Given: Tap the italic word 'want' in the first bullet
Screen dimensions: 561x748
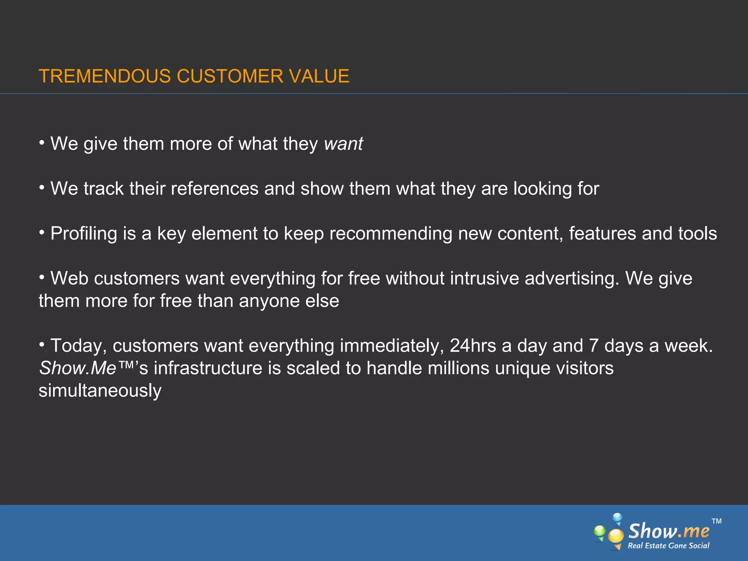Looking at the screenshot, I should (343, 144).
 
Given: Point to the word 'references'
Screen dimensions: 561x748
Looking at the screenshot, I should (215, 189).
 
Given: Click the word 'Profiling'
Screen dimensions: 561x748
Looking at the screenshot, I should (84, 234).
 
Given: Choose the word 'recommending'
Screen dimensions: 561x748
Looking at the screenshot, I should (391, 234).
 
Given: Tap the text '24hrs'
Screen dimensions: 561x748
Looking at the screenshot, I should (473, 346).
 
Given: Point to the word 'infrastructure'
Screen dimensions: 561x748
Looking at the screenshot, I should (208, 368).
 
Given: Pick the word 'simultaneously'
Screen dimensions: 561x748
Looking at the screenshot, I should (100, 391).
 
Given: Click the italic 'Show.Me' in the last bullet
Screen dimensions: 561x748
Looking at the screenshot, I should (78, 368).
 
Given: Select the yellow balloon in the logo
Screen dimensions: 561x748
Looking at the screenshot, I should (616, 535).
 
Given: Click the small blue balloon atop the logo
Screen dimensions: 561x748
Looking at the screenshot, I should (617, 518).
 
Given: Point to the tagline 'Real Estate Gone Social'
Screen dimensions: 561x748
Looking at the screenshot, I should (668, 546).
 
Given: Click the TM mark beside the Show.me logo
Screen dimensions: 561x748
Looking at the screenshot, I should (717, 521).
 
